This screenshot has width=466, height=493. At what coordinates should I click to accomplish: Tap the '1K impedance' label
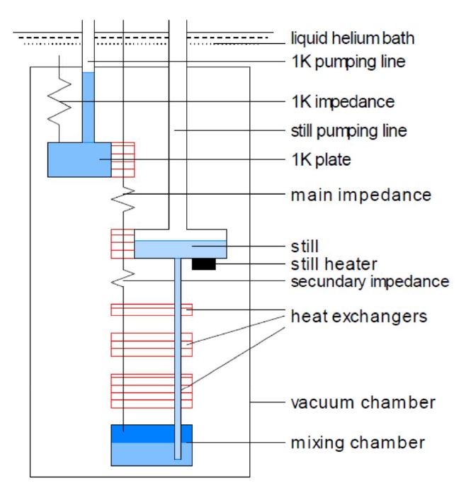(342, 102)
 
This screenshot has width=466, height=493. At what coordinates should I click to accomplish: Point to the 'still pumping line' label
(346, 131)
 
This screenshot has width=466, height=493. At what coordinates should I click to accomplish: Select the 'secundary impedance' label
(370, 281)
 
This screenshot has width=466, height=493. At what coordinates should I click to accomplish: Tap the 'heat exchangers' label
(360, 316)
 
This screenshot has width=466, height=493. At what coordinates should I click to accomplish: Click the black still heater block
(203, 264)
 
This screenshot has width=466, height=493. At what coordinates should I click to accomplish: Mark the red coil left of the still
(122, 244)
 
